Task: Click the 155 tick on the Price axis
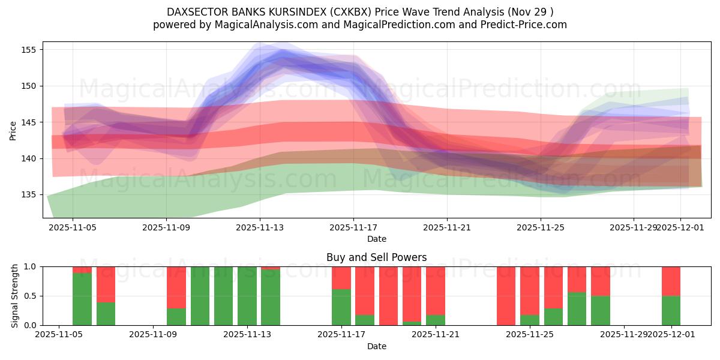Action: point(28,50)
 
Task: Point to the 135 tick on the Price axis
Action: point(28,195)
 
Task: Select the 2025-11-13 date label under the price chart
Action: point(260,227)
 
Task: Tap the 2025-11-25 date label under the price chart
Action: point(541,227)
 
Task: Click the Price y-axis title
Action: point(13,131)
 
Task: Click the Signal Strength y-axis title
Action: point(15,296)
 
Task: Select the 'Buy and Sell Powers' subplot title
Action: point(376,257)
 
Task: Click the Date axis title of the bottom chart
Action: point(376,346)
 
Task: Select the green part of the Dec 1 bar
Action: point(671,310)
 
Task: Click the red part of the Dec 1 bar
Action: point(671,281)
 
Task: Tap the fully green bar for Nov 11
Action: point(200,296)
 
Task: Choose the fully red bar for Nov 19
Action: point(388,296)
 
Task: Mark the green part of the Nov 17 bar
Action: point(341,307)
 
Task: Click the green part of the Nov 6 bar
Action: point(82,299)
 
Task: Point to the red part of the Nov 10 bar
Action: point(176,287)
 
